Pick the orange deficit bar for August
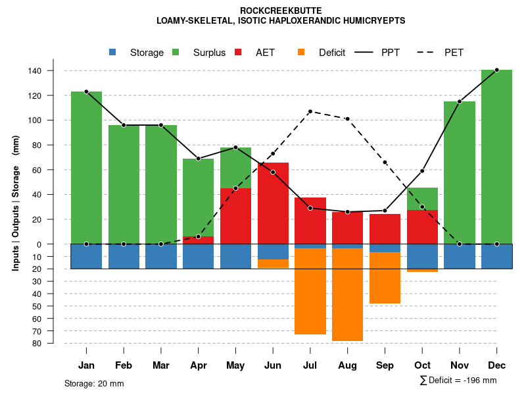[x=347, y=294]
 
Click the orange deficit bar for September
[x=385, y=278]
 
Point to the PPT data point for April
[x=198, y=159]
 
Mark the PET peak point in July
[x=310, y=111]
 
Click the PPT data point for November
[x=460, y=101]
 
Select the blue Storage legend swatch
[x=112, y=52]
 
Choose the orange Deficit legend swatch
[x=301, y=52]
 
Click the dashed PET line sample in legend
[x=425, y=52]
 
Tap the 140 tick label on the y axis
[x=53, y=70]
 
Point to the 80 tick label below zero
[x=55, y=343]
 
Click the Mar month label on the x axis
[x=160, y=365]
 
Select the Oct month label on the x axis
[x=422, y=365]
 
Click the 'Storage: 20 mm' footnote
[x=94, y=383]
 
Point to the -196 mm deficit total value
[x=481, y=381]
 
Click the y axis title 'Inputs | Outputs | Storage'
[x=16, y=217]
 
